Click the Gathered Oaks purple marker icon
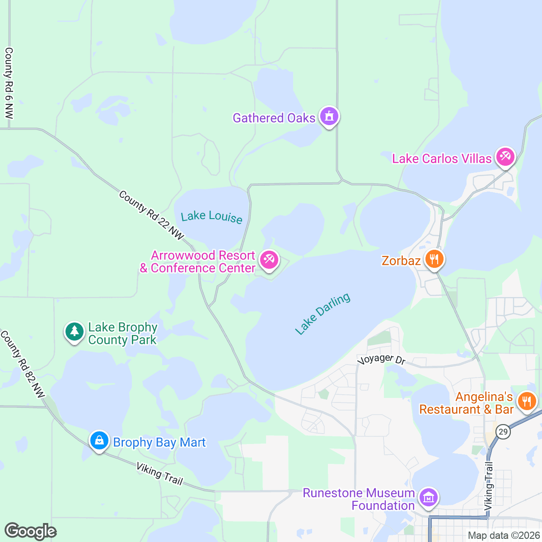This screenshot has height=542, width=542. [x=329, y=117]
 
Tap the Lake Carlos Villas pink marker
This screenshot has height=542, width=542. [x=505, y=157]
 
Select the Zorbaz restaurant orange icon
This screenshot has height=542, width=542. [x=434, y=259]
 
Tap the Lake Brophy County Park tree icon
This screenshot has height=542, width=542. [x=75, y=332]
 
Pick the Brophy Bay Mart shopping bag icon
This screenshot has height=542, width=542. [x=99, y=440]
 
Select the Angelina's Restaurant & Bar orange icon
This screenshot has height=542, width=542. [x=527, y=401]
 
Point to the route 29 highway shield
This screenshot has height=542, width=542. [x=503, y=431]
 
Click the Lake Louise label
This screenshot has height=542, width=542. [x=211, y=217]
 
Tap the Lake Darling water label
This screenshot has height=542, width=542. [x=322, y=313]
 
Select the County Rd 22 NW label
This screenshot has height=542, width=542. [x=151, y=215]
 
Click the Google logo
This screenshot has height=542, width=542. [x=31, y=531]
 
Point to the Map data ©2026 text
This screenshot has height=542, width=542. [x=503, y=536]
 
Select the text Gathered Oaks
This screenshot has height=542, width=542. [x=274, y=118]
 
